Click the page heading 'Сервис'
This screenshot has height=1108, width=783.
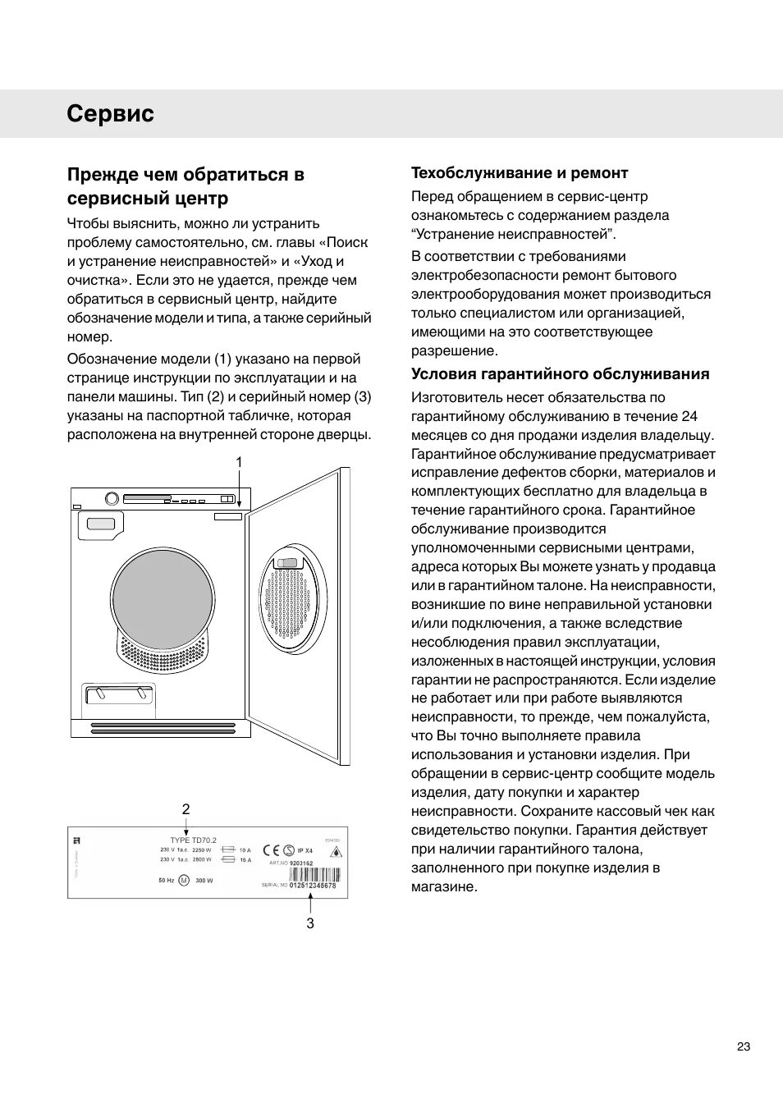111,114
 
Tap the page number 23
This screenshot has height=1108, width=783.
743,1046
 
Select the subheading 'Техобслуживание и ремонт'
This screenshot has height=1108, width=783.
520,173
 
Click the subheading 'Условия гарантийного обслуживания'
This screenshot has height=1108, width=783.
560,374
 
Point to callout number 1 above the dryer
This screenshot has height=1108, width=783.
239,463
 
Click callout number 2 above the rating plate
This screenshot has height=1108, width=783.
186,809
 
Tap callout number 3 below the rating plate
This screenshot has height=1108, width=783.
310,923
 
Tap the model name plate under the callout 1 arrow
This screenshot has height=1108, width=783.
229,517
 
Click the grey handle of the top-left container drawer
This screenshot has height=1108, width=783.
101,524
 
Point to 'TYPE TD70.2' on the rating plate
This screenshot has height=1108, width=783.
194,840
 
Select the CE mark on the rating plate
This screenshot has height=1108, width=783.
272,850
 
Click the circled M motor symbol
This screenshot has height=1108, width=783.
184,880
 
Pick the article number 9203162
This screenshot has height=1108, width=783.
302,863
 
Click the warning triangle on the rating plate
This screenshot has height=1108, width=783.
335,853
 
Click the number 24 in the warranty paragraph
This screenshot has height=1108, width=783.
689,416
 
